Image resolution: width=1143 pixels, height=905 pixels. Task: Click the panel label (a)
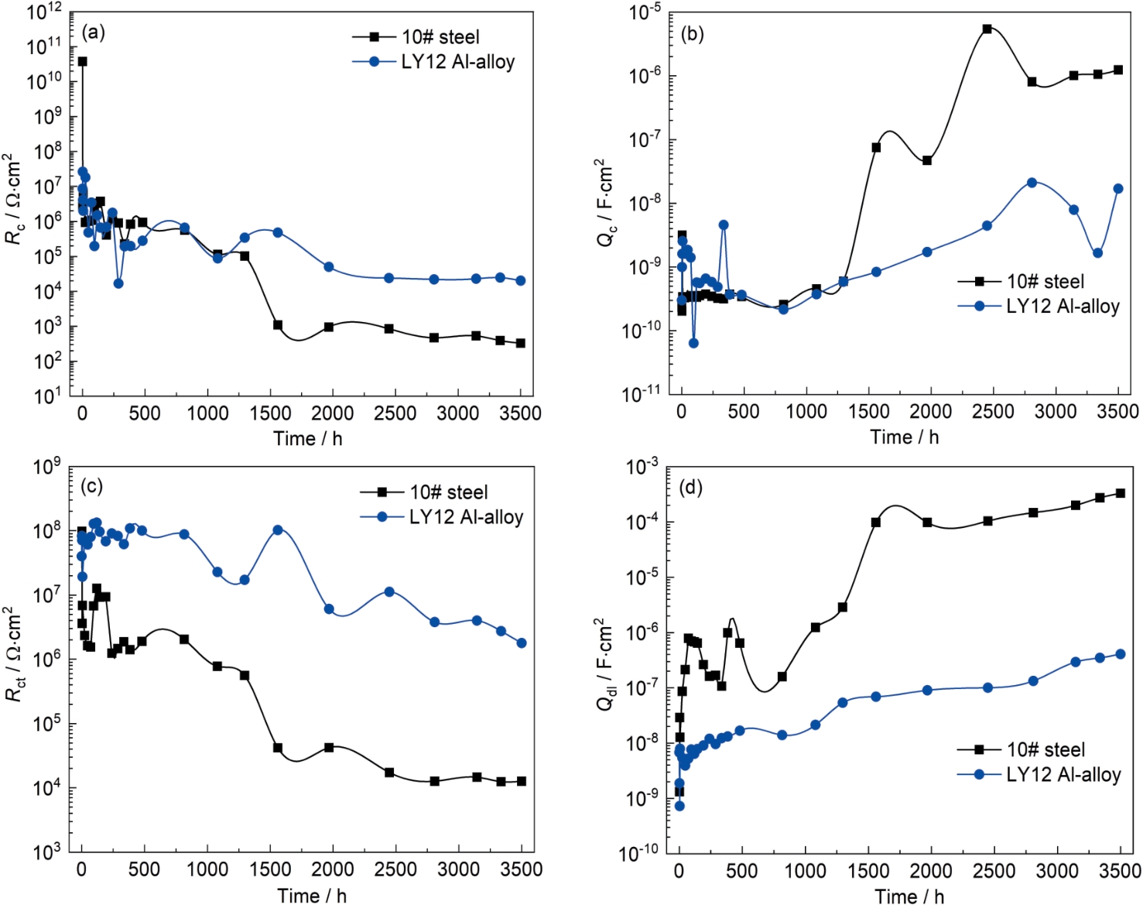tap(93, 33)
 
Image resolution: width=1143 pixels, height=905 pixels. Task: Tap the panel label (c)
tap(91, 486)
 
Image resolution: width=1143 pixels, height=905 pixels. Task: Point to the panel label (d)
tap(690, 488)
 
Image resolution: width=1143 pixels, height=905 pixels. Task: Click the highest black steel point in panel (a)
tap(82, 61)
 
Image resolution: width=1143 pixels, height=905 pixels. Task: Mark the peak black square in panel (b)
tap(987, 29)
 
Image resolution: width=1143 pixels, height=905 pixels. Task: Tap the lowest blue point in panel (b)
tap(693, 343)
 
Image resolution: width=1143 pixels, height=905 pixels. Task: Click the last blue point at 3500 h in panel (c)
tap(522, 643)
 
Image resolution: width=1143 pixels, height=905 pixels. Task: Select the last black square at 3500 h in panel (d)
tap(1120, 493)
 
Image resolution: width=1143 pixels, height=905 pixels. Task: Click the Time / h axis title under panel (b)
tap(904, 437)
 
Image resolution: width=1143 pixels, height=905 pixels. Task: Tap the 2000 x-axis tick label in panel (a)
tap(333, 413)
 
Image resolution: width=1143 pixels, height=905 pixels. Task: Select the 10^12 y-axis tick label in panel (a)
tap(43, 13)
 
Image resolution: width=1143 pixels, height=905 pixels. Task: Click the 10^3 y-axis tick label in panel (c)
tap(46, 852)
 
